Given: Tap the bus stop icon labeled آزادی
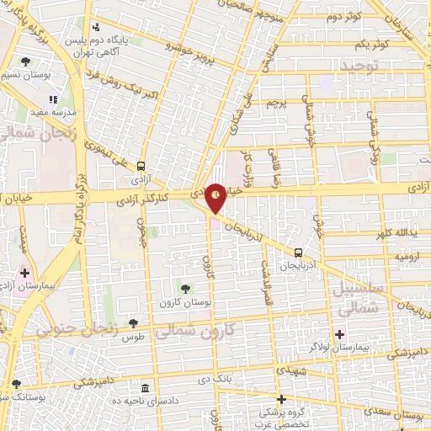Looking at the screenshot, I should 141,166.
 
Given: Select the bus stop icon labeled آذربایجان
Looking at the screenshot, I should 298,252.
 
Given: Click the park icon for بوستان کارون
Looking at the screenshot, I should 185,290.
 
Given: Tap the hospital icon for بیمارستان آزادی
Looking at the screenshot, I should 24,274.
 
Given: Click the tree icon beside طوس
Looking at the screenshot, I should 133,322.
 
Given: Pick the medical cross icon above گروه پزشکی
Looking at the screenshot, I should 282,399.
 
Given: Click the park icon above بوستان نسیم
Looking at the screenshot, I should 26,61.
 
